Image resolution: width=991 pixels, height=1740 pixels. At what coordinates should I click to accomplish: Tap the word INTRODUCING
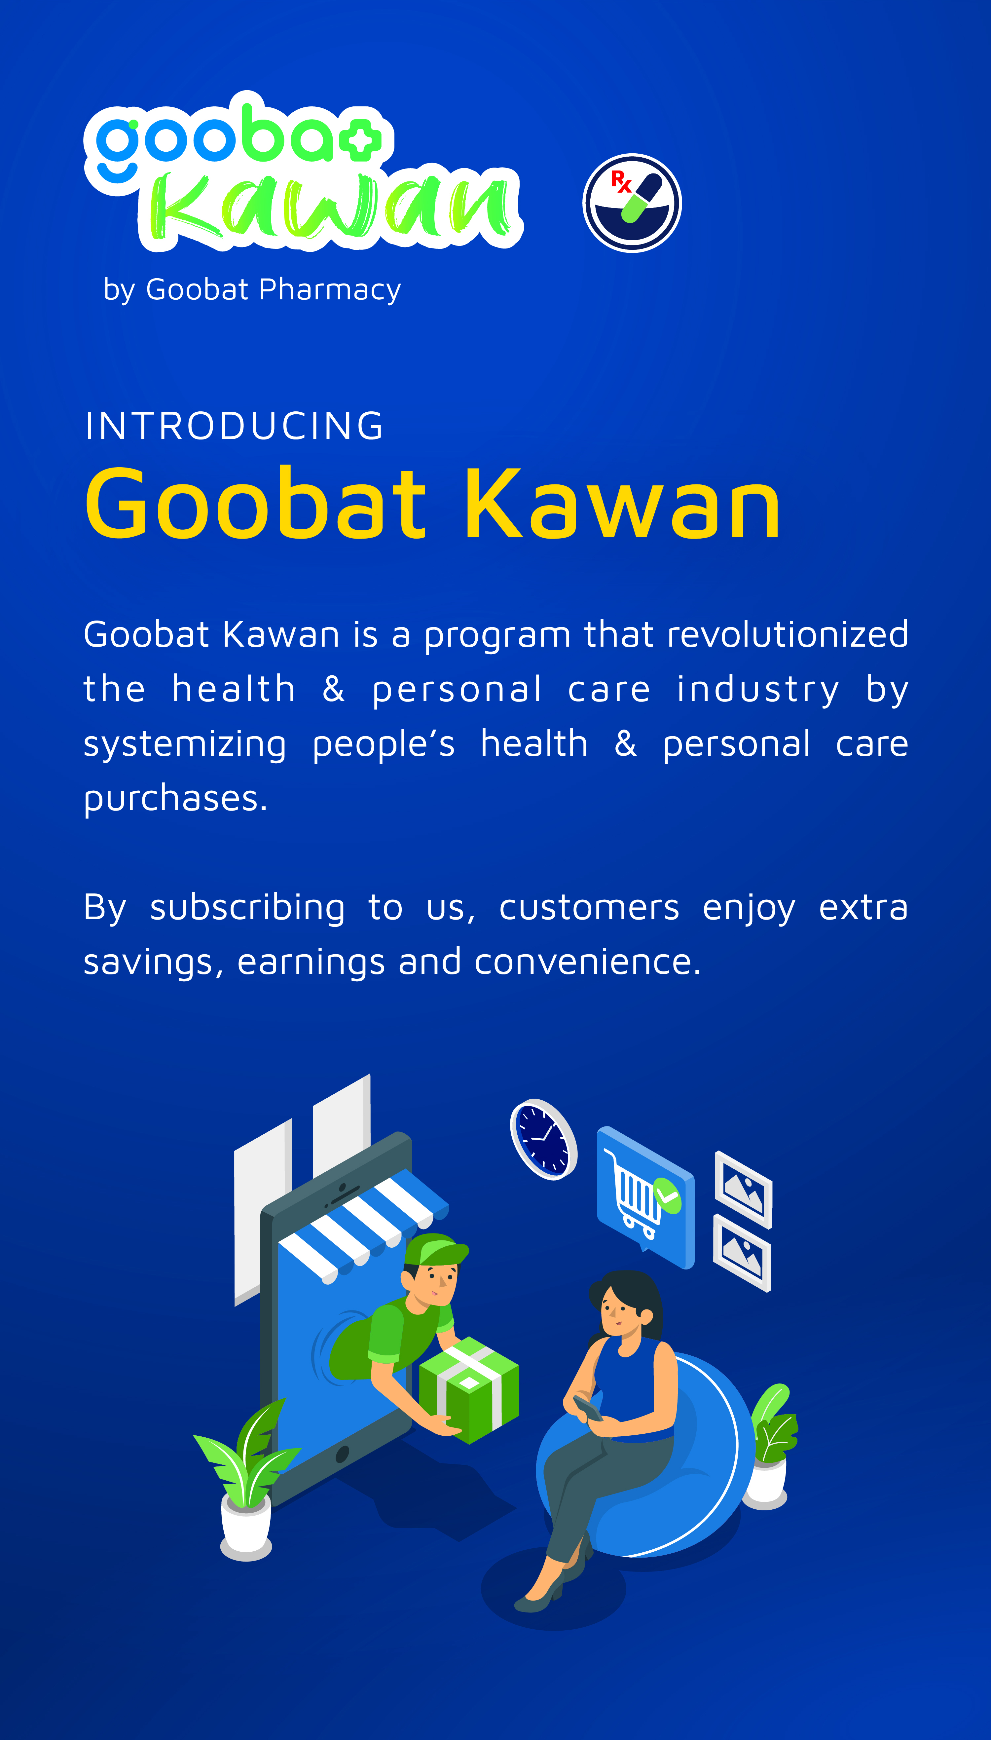click(x=235, y=426)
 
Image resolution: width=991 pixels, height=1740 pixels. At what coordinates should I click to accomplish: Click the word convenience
click(x=587, y=963)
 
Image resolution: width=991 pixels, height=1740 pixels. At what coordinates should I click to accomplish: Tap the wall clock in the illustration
click(x=544, y=1139)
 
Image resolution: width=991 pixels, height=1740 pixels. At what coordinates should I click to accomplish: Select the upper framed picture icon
click(x=743, y=1189)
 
